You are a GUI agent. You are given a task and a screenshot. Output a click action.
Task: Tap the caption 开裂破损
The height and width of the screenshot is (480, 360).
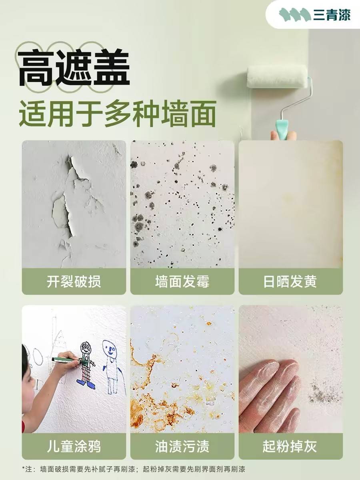pos(74,282)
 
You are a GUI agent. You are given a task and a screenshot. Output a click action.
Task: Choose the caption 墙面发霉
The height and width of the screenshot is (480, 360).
pos(182,282)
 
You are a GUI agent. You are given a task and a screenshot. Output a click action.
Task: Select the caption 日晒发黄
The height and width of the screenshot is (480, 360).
pos(290,282)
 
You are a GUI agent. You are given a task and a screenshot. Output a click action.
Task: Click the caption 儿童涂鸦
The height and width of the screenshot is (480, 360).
pos(74,446)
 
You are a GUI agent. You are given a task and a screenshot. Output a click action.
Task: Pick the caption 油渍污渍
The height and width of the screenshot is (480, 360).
pos(182,446)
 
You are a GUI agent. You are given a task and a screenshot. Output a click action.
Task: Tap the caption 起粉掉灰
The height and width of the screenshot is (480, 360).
pos(290,446)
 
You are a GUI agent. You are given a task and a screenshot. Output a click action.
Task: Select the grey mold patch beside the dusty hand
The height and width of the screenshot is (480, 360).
pos(322,390)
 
